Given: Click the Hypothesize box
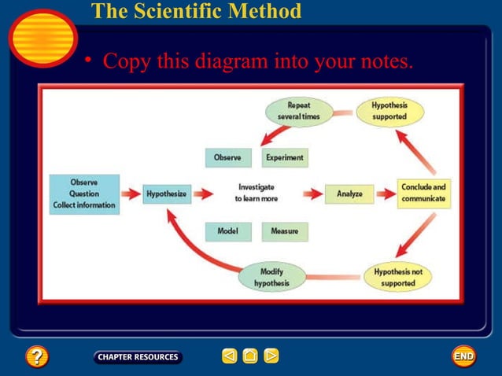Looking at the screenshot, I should point(167,194).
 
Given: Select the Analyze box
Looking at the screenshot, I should point(349,194).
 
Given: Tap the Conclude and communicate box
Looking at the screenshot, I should point(423,193).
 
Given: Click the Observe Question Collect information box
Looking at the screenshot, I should point(84,194).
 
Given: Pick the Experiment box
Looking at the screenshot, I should point(284,157).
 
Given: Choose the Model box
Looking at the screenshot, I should point(228,231).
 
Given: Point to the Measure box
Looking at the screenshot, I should point(284,231).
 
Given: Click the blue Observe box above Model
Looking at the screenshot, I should point(228,157).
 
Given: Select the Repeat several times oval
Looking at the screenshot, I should point(298,111).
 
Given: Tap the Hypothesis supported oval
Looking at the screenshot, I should point(389,111).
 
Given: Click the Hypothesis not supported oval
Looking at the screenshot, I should point(398,277).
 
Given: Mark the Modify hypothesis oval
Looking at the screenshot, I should point(271,277).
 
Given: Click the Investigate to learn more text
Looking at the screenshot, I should point(256,193).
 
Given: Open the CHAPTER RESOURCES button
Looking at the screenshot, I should point(138,357).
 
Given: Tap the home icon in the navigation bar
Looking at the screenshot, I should point(250,357).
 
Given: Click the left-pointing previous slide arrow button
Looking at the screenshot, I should point(229,357).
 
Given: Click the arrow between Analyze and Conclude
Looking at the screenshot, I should point(386,194).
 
